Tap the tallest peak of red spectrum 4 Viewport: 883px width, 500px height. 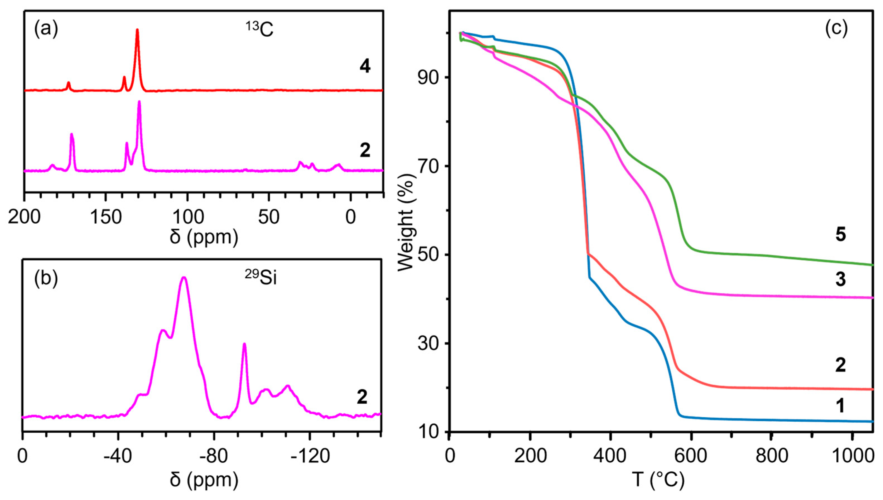[x=137, y=30]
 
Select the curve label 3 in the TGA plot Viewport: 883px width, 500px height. [x=840, y=279]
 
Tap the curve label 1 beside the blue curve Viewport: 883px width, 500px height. [x=840, y=405]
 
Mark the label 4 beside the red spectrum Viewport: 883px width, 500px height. [x=365, y=67]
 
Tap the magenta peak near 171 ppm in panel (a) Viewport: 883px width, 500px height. [x=72, y=135]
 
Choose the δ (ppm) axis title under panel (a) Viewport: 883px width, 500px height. [x=204, y=237]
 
